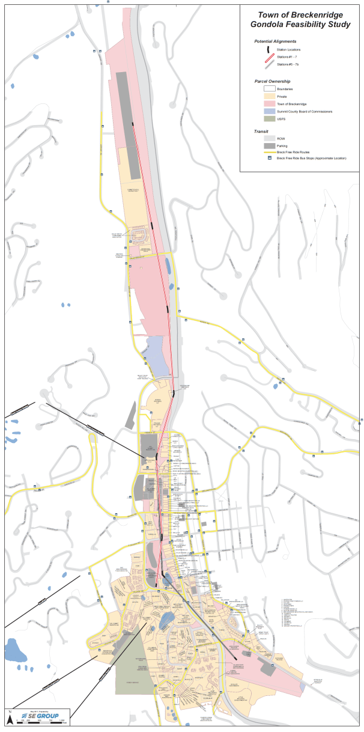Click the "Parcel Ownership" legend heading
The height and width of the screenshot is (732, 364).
click(271, 81)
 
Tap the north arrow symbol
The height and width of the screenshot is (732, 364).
click(10, 716)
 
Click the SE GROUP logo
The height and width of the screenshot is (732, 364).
click(41, 715)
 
